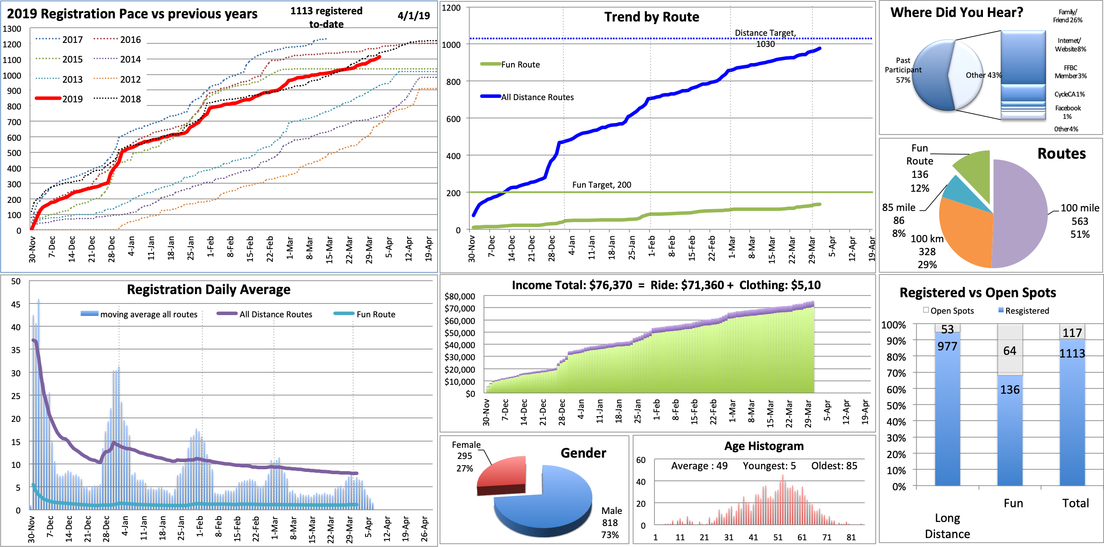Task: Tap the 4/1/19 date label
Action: [x=413, y=16]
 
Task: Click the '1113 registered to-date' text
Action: [x=326, y=17]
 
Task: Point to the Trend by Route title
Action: [x=651, y=17]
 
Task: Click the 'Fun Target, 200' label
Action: [x=601, y=185]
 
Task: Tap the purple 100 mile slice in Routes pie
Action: [x=1023, y=215]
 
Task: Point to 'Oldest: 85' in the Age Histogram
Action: [x=834, y=466]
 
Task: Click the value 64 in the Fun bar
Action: [x=1010, y=351]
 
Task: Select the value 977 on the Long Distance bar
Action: [x=947, y=346]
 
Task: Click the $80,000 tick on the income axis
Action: [x=460, y=296]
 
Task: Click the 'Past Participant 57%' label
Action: [x=903, y=70]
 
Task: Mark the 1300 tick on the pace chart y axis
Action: [x=12, y=29]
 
